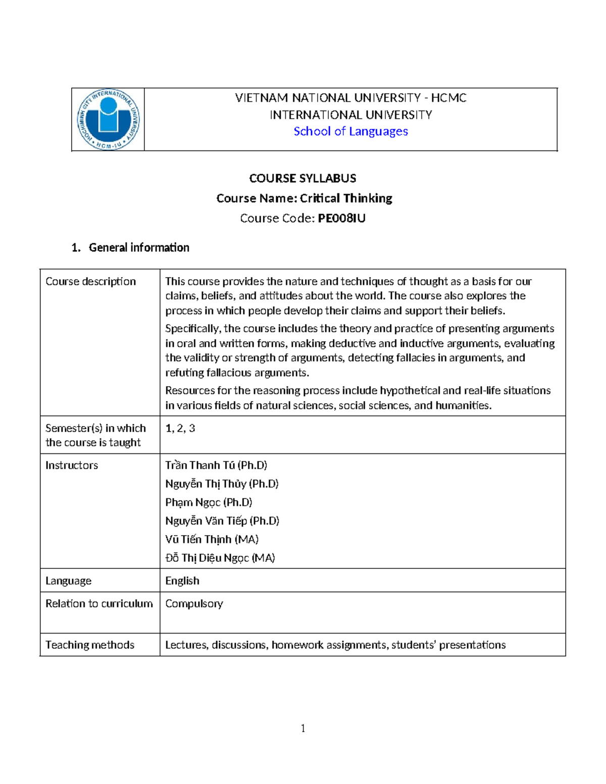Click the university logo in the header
tap(108, 120)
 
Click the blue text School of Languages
tap(350, 131)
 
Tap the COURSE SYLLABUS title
tap(302, 178)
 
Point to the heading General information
tap(138, 247)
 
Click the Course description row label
tap(90, 281)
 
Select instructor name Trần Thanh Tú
tap(200, 465)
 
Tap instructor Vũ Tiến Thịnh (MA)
tap(212, 539)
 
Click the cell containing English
tap(182, 581)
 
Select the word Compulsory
tap(194, 604)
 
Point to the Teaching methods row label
tap(90, 645)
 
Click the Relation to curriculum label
tap(99, 604)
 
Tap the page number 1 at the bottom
tap(303, 728)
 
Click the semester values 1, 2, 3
tap(180, 428)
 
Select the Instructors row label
tap(72, 465)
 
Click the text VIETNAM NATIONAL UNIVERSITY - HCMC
tap(350, 98)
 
